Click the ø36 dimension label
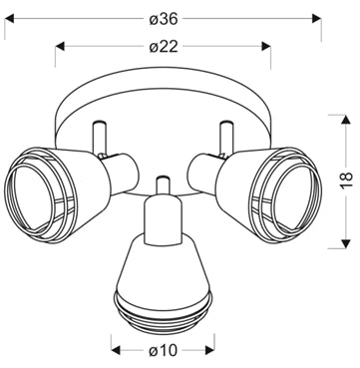pyautogui.click(x=164, y=19)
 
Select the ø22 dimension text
pyautogui.click(x=164, y=47)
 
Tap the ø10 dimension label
pyautogui.click(x=164, y=350)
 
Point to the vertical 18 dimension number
pyautogui.click(x=346, y=182)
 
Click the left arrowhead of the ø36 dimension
pyautogui.click(x=9, y=19)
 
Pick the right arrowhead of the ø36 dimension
pyautogui.click(x=317, y=19)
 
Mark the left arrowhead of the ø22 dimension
pyautogui.click(x=60, y=46)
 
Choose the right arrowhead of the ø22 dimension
pyautogui.click(x=266, y=46)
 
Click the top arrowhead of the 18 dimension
pyautogui.click(x=346, y=120)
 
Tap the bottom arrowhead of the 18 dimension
pyautogui.click(x=346, y=243)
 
